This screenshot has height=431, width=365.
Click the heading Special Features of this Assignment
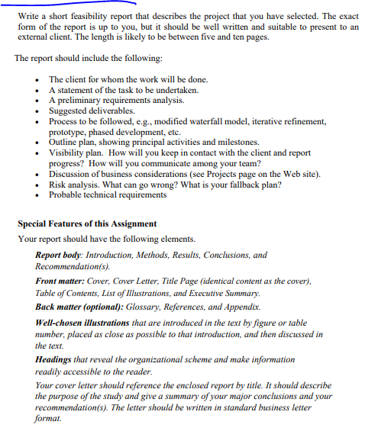click(87, 224)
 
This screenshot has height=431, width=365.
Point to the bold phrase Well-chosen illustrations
click(82, 323)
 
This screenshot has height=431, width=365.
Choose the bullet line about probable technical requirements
click(108, 195)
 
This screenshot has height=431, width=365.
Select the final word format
click(50, 419)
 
